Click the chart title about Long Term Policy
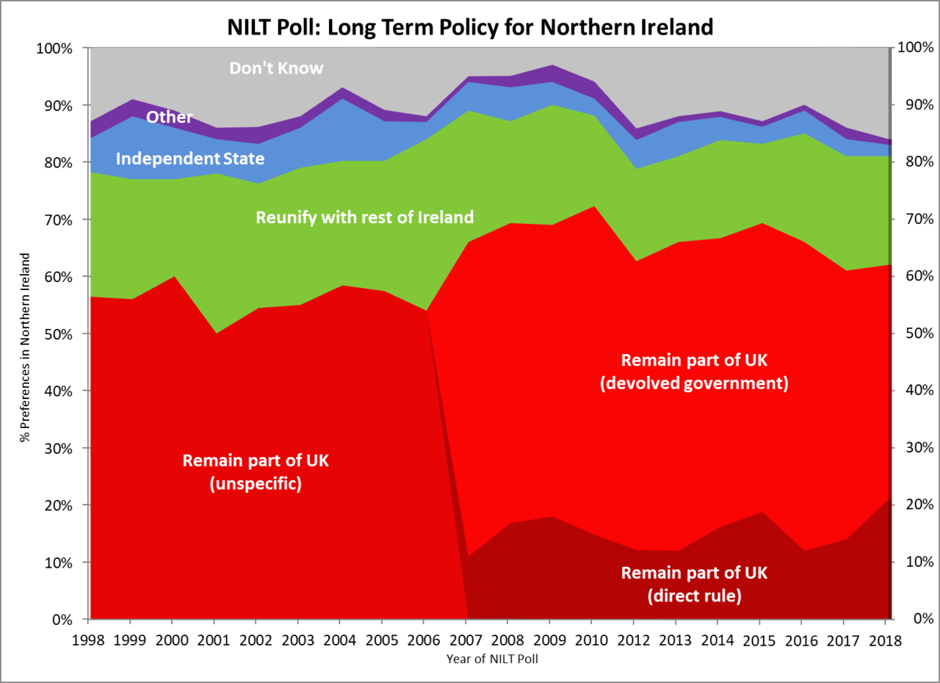469,27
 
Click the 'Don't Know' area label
276,68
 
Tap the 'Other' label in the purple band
169,117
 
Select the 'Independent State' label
189,159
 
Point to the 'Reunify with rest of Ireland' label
364,217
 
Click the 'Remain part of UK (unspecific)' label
256,472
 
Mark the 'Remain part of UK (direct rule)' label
694,584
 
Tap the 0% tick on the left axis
62,620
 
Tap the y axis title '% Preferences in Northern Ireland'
26,347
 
